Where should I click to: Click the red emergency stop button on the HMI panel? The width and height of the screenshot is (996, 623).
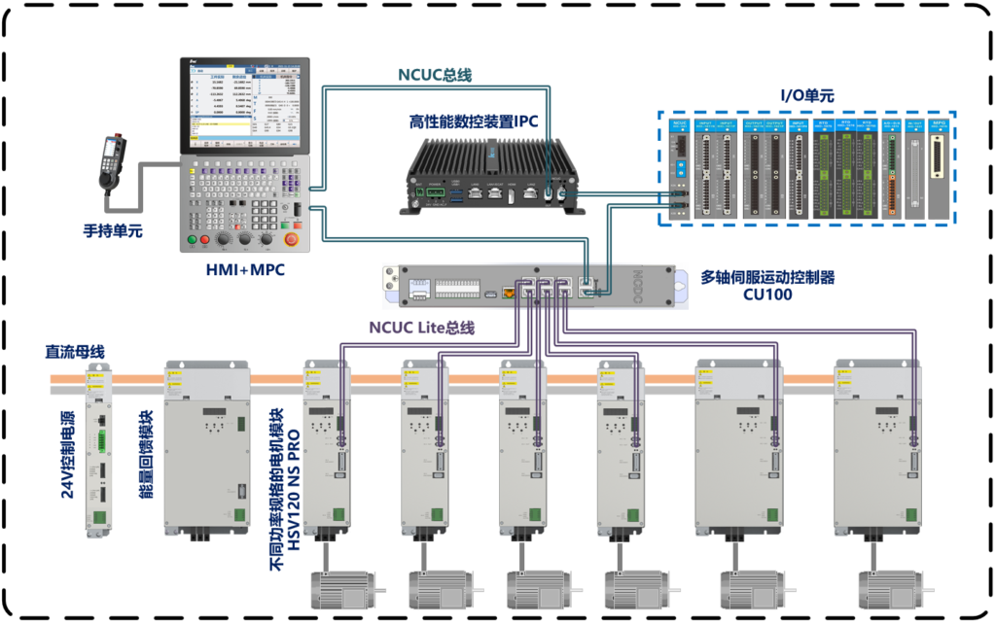pyautogui.click(x=289, y=239)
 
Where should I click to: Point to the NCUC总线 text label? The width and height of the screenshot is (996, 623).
pyautogui.click(x=435, y=75)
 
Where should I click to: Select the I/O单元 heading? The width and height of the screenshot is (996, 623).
pyautogui.click(x=807, y=96)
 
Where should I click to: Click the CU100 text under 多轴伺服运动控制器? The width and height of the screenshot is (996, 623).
pyautogui.click(x=767, y=294)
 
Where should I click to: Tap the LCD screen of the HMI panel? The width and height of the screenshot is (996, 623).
pyautogui.click(x=243, y=107)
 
